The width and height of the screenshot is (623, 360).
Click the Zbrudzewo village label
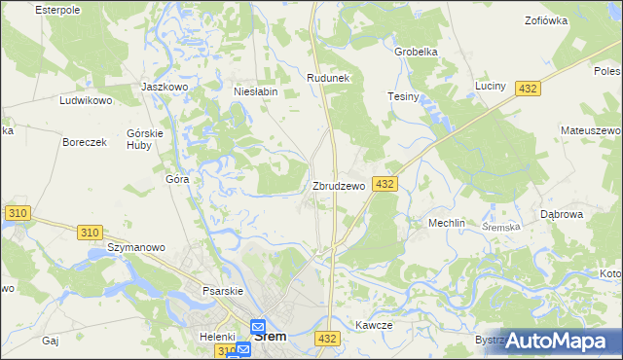tap(338, 185)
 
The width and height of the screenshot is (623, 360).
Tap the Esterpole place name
tap(55, 9)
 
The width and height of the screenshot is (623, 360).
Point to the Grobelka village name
tap(416, 52)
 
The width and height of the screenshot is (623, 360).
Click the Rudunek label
tap(327, 78)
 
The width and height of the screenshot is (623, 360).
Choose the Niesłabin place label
tap(256, 91)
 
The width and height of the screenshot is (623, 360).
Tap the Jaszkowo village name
tap(164, 86)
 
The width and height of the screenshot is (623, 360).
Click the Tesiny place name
tap(403, 97)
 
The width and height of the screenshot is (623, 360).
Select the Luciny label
tap(491, 86)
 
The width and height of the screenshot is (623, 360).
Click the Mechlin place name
tap(447, 223)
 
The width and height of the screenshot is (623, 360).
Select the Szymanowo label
tap(135, 247)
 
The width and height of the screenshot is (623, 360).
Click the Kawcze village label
tap(374, 325)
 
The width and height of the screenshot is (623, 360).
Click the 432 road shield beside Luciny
tap(527, 89)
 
